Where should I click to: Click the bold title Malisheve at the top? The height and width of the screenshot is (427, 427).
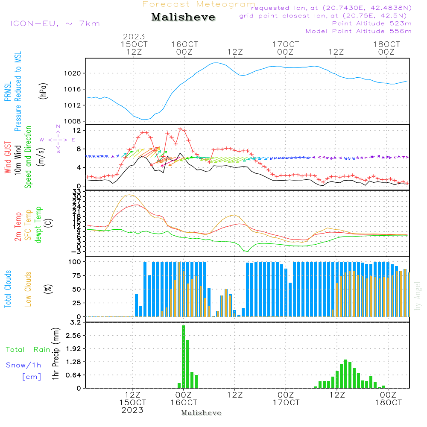(183, 17)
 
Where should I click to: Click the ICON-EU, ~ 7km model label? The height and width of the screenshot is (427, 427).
(55, 23)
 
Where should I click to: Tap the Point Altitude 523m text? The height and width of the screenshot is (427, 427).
(371, 23)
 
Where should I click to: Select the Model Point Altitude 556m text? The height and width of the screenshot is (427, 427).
(358, 31)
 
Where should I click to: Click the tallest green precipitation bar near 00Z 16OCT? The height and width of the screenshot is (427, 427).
(184, 357)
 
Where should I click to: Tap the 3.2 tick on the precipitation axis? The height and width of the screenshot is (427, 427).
(75, 322)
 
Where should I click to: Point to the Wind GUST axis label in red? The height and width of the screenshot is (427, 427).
(8, 158)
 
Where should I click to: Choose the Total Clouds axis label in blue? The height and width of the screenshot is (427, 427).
(8, 289)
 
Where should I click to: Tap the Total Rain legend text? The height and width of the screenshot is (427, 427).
(28, 350)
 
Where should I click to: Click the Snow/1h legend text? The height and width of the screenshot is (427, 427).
(23, 365)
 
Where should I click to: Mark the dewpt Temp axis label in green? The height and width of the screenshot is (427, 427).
(39, 225)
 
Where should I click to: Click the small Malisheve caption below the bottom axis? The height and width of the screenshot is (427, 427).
(202, 413)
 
